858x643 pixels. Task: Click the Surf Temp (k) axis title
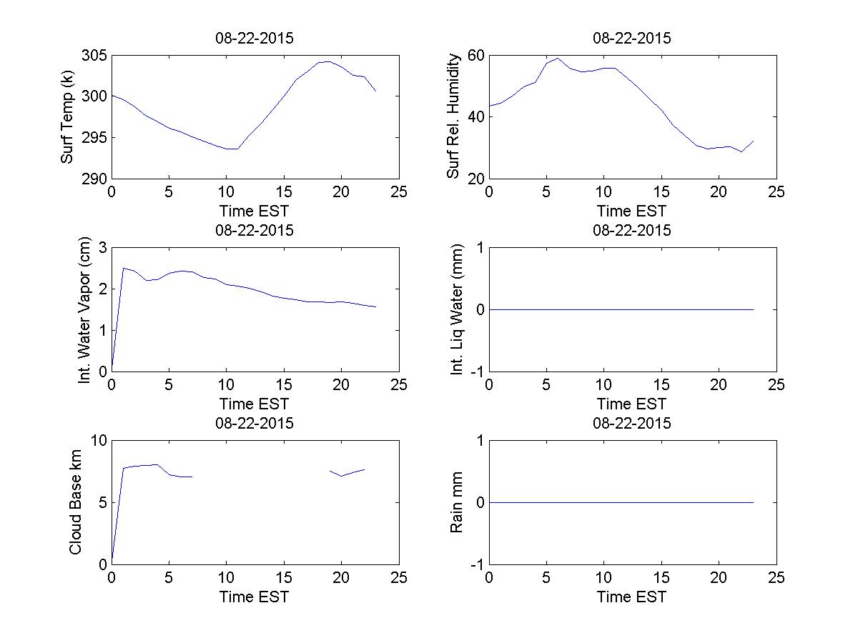67,117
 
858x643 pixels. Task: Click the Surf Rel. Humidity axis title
453,117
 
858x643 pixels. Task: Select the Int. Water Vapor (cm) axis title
85,310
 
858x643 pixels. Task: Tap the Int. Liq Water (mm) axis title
458,310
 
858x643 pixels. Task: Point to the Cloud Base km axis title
75,503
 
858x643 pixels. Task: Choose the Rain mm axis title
458,503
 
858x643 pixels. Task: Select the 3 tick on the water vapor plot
102,248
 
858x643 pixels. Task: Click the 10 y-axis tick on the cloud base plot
98,441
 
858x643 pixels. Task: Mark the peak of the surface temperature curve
327,61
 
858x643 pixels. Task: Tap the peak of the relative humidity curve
558,59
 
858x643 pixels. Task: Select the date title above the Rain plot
632,423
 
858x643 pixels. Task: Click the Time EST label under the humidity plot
632,211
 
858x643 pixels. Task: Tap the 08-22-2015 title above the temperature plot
255,39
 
